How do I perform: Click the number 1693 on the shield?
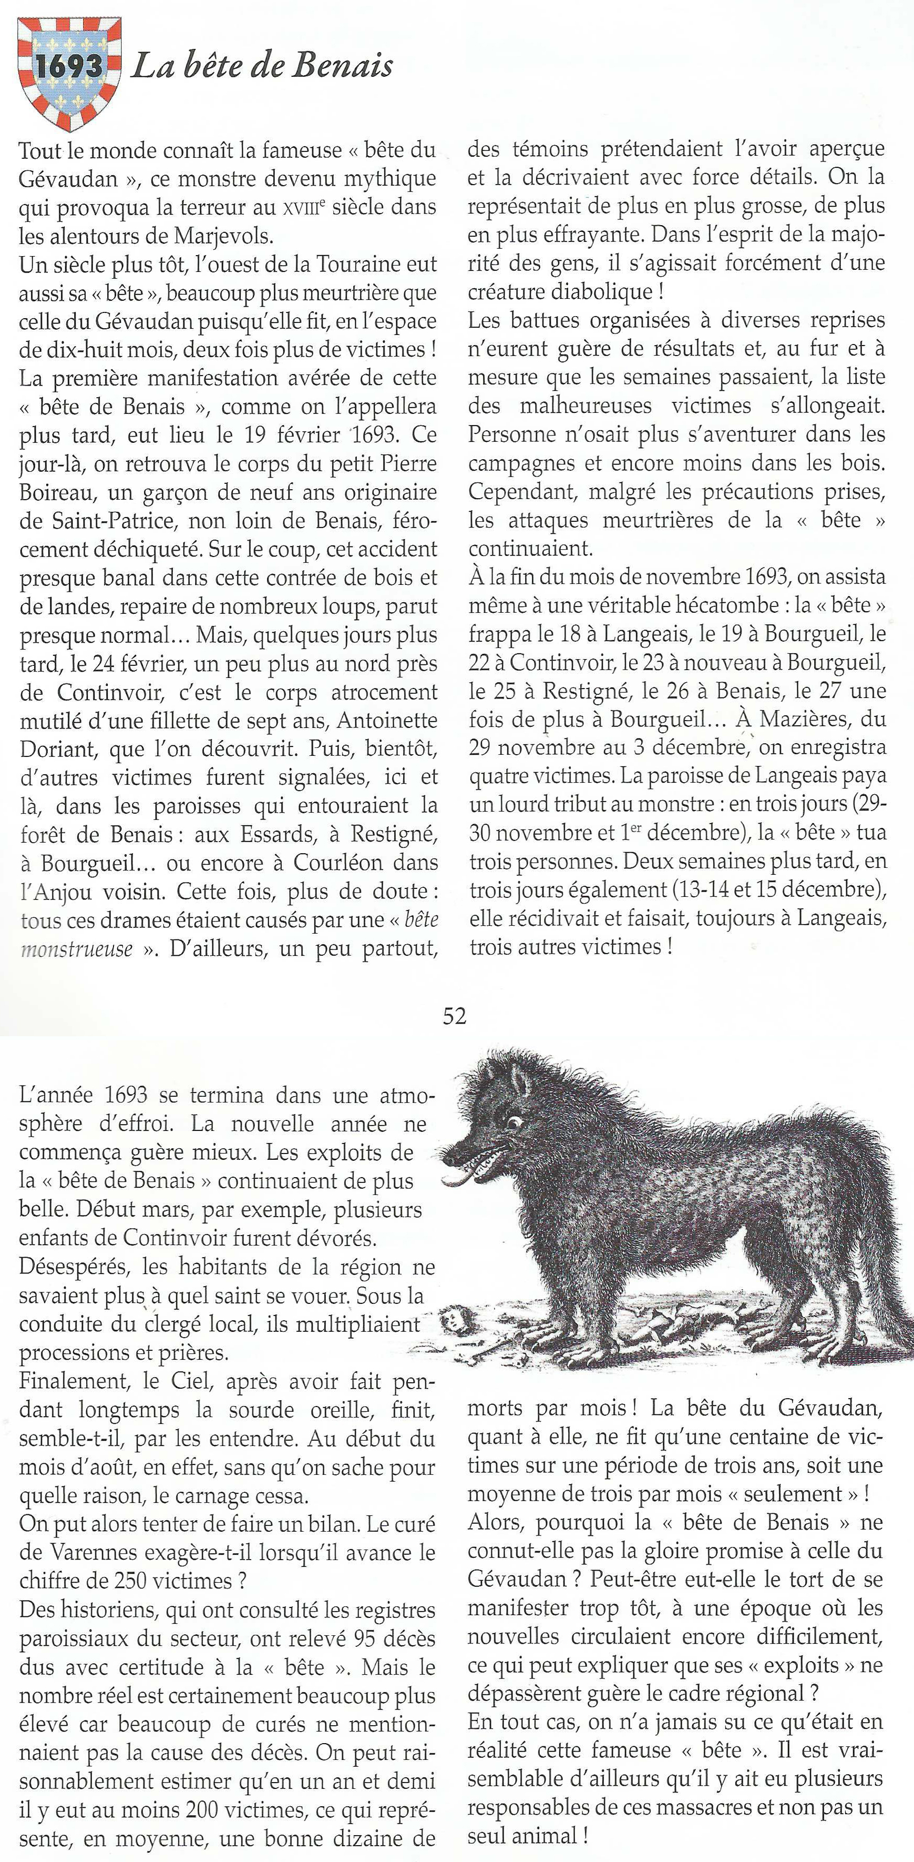point(69,66)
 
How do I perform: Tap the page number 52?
point(455,1016)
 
